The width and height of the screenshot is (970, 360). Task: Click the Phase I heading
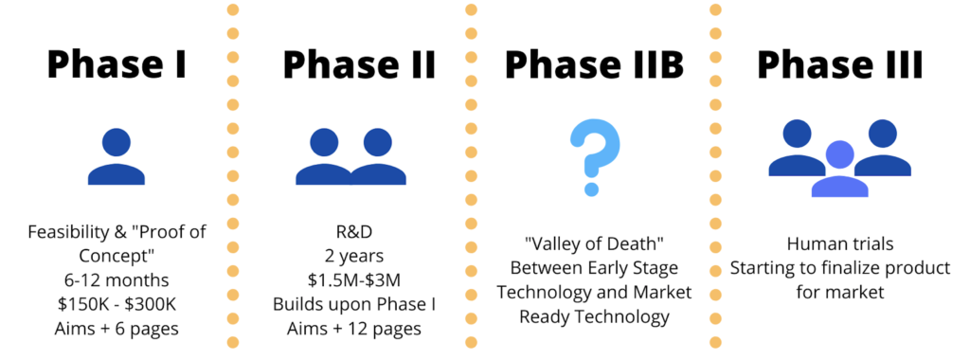(116, 65)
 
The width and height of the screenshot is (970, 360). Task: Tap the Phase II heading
(359, 65)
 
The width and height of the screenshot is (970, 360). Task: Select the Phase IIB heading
(595, 65)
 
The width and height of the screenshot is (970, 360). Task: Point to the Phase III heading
(840, 65)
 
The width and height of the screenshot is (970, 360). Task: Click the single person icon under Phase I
(116, 156)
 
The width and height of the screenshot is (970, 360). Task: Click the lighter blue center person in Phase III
(839, 169)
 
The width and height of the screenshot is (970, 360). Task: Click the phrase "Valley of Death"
(594, 244)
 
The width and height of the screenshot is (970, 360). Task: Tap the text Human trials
(839, 244)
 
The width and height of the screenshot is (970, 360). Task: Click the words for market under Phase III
(839, 292)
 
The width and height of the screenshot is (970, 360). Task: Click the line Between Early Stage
(594, 268)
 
